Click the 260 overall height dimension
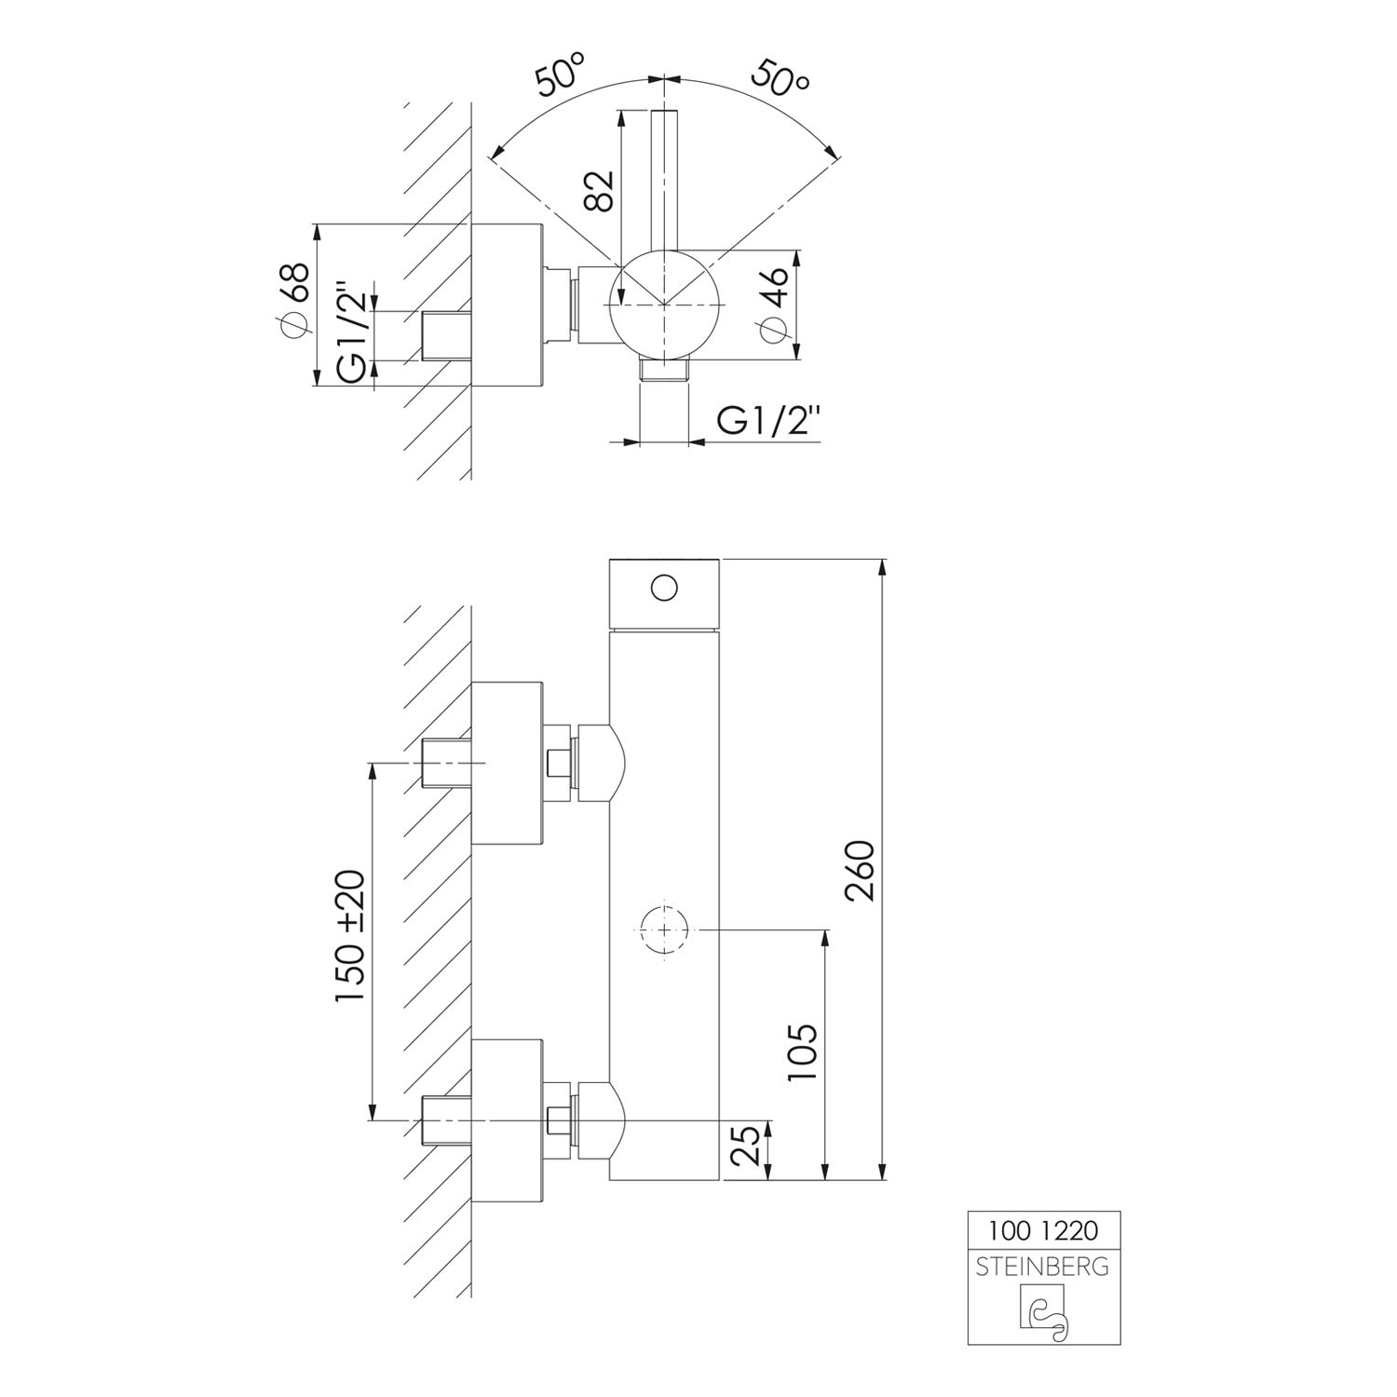861,870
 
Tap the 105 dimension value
802,1052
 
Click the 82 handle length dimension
599,191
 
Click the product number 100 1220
1043,1231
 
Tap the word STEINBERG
1043,1267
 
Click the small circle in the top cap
664,589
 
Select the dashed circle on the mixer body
664,929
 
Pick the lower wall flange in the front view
508,1119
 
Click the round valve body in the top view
663,304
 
